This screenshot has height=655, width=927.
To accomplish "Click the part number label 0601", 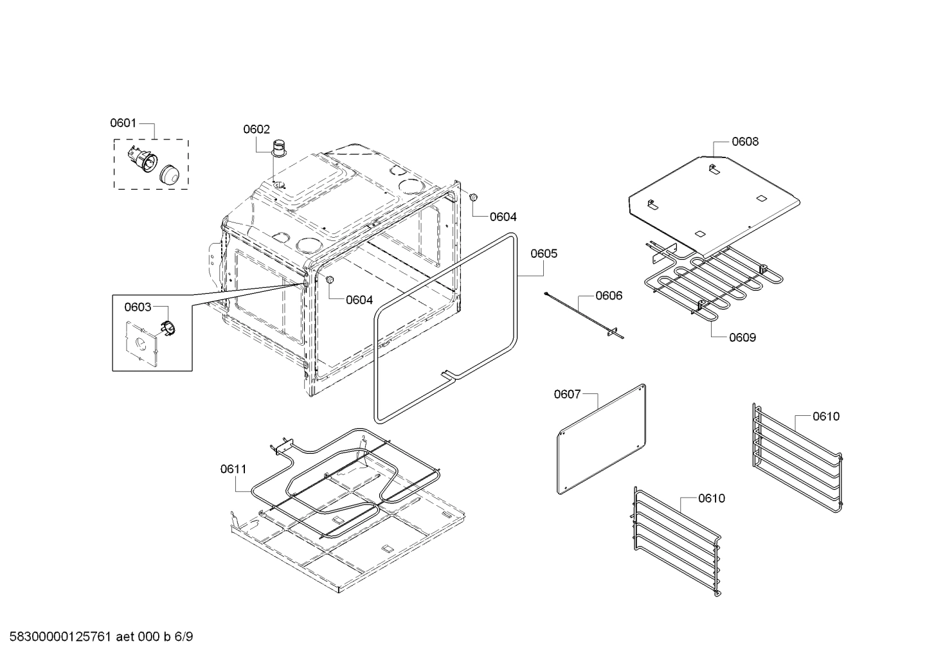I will (123, 123).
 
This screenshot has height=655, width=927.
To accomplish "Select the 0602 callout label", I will (256, 129).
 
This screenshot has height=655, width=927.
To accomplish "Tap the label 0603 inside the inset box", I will (138, 307).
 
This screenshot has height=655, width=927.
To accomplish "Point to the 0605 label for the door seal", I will (543, 253).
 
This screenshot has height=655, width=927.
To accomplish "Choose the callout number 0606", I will (608, 296).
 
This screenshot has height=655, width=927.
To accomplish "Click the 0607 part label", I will (567, 394).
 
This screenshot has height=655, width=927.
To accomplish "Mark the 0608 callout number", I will (744, 141).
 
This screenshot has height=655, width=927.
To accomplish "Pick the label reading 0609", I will (742, 337).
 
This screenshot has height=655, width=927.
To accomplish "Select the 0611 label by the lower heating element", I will (233, 469).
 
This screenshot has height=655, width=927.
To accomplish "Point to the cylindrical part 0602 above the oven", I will (280, 148).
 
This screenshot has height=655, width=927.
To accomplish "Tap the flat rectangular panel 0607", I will (600, 440).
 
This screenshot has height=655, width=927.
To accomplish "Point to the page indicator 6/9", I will (183, 637).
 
